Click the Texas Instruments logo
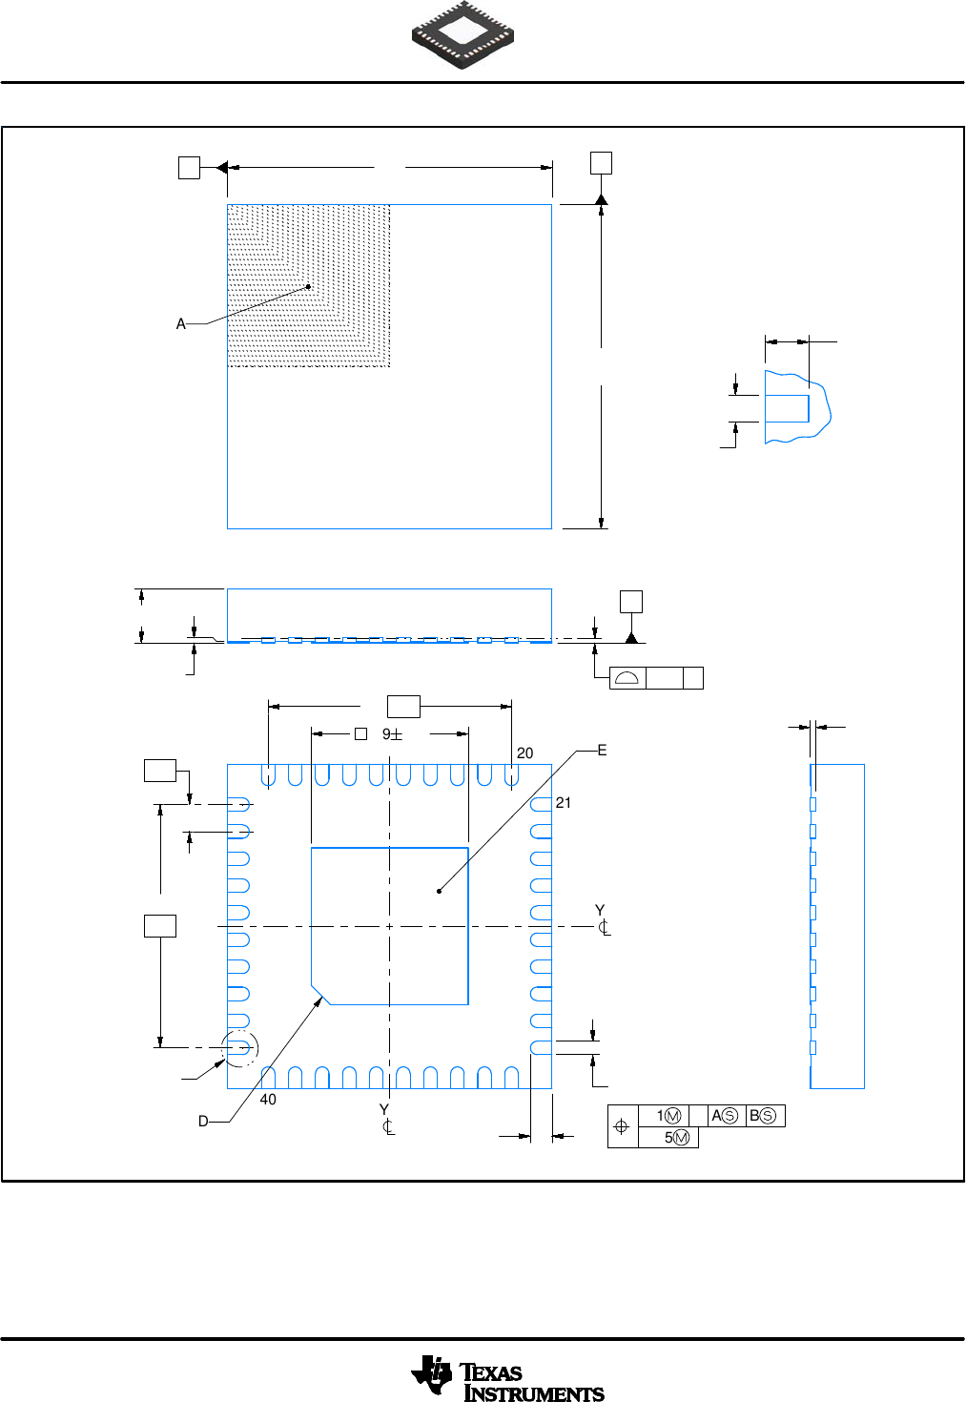pyautogui.click(x=507, y=1379)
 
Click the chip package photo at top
pyautogui.click(x=463, y=35)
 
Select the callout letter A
pyautogui.click(x=181, y=324)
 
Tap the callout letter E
pyautogui.click(x=602, y=751)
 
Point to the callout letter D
pyautogui.click(x=203, y=1122)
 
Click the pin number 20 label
pyautogui.click(x=524, y=753)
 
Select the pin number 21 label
pyautogui.click(x=564, y=803)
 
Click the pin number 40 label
pyautogui.click(x=268, y=1100)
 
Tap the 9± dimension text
pyautogui.click(x=392, y=734)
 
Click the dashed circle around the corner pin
pyautogui.click(x=239, y=1048)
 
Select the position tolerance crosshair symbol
pyautogui.click(x=622, y=1126)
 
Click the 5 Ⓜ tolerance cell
pyautogui.click(x=676, y=1138)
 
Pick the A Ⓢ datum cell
pyautogui.click(x=725, y=1116)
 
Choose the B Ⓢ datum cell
pyautogui.click(x=763, y=1116)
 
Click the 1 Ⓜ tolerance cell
pyautogui.click(x=668, y=1116)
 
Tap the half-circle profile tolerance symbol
pyautogui.click(x=627, y=678)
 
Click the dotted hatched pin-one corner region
pyautogui.click(x=308, y=285)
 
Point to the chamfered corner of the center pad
pyautogui.click(x=319, y=995)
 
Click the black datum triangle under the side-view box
pyautogui.click(x=630, y=636)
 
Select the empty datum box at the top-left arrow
pyautogui.click(x=189, y=168)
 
